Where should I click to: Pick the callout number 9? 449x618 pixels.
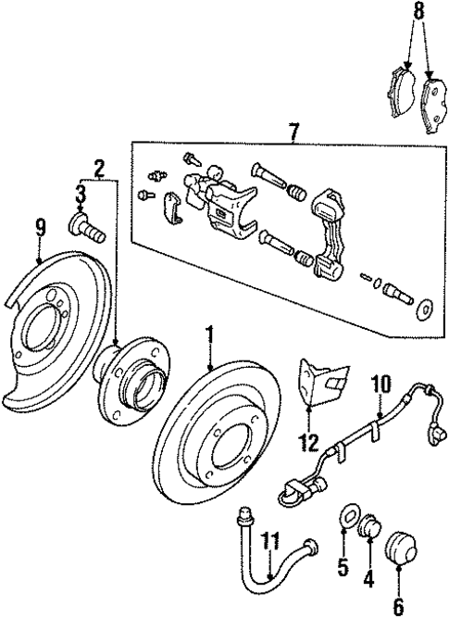coord(40,225)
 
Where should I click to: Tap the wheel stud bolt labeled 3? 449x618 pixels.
coord(84,224)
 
